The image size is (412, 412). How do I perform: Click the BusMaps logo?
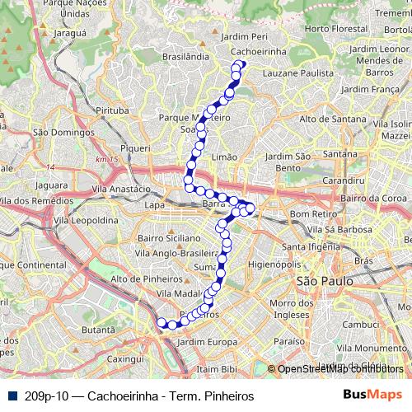[x=372, y=395]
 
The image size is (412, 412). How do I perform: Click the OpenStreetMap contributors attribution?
[x=335, y=369]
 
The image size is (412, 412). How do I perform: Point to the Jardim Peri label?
[x=246, y=37]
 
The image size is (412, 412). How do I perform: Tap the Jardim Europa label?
[x=201, y=341]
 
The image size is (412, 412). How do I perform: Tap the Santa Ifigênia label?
[x=311, y=246]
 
